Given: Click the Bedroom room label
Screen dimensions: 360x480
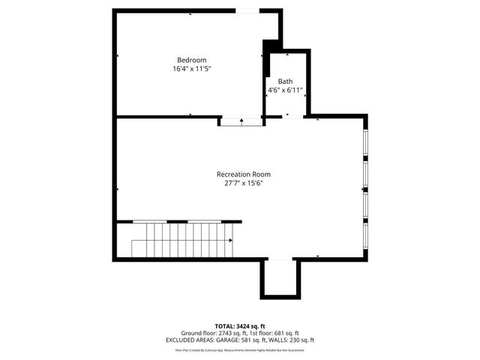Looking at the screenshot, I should point(191,60).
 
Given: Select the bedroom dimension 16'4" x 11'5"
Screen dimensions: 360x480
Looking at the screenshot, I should point(191,69).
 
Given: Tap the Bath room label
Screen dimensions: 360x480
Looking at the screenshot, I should point(285,81).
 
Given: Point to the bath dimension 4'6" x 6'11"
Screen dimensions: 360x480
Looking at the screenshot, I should point(285,90).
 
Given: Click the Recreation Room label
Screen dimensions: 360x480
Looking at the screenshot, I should point(243,174).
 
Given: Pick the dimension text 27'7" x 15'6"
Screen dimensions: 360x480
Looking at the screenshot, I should point(243,183).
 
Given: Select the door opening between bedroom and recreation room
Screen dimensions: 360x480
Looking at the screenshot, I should point(241,118).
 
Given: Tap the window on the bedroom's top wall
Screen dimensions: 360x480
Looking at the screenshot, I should point(247,10).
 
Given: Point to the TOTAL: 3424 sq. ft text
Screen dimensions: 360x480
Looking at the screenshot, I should point(240,326).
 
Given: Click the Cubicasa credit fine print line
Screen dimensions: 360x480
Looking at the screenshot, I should point(240,349).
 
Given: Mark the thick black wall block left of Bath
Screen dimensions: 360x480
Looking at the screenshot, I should point(266,57).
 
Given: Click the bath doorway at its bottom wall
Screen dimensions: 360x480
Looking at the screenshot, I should point(286,116).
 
